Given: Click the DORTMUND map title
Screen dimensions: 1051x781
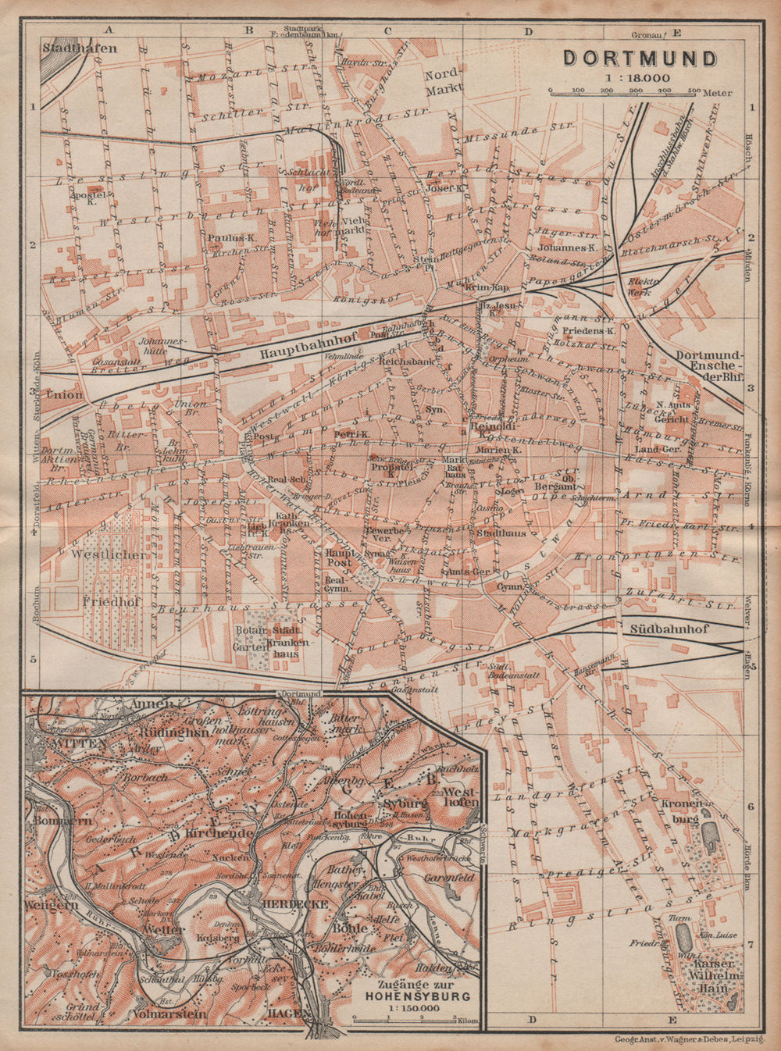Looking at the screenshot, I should tap(640, 59).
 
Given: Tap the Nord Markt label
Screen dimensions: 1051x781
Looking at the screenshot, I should tap(439, 84).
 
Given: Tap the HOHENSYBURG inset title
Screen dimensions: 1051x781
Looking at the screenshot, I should tap(410, 996).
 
